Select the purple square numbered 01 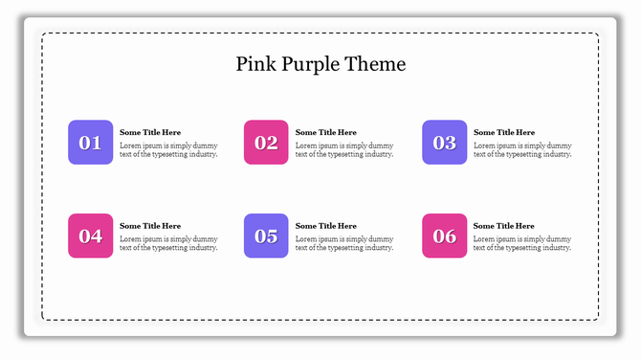pyautogui.click(x=90, y=143)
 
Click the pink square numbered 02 pyautogui.click(x=266, y=143)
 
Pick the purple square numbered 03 pyautogui.click(x=445, y=143)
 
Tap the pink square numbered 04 pyautogui.click(x=90, y=236)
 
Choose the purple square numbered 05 pyautogui.click(x=266, y=236)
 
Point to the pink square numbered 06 pyautogui.click(x=445, y=236)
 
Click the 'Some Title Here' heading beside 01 pyautogui.click(x=150, y=132)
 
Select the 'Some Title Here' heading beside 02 pyautogui.click(x=326, y=132)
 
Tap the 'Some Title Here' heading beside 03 pyautogui.click(x=504, y=132)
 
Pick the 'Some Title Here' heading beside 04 pyautogui.click(x=150, y=226)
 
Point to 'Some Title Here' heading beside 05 pyautogui.click(x=326, y=226)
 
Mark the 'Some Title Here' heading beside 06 pyautogui.click(x=504, y=226)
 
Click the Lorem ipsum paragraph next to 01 pyautogui.click(x=168, y=149)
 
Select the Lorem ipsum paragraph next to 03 pyautogui.click(x=522, y=149)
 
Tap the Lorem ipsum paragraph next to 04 pyautogui.click(x=168, y=243)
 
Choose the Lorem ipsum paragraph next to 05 pyautogui.click(x=344, y=243)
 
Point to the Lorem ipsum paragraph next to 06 pyautogui.click(x=522, y=243)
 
